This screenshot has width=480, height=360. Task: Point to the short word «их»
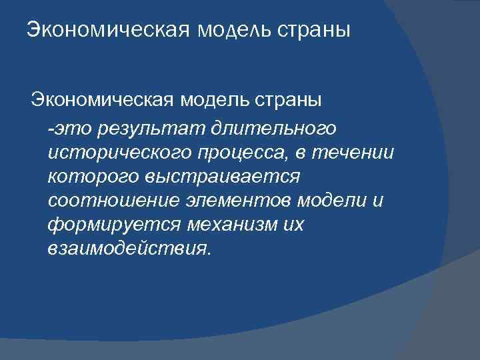(292, 225)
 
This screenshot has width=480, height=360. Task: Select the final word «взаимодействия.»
(128, 250)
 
